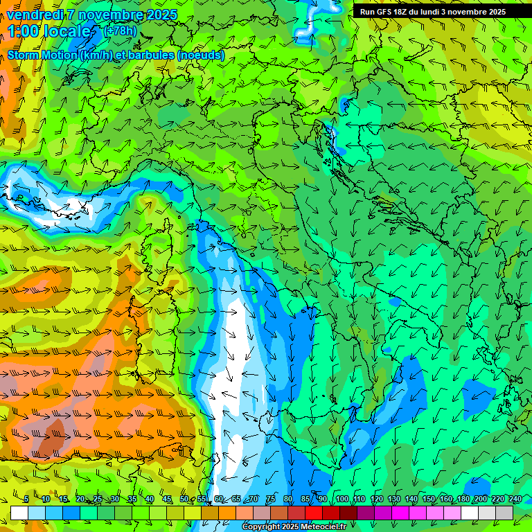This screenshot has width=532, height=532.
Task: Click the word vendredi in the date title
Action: (x=35, y=15)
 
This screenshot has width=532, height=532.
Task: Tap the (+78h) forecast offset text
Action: (x=120, y=31)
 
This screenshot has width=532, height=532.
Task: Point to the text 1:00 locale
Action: (x=50, y=31)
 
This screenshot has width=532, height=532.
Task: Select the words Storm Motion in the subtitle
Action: (x=41, y=55)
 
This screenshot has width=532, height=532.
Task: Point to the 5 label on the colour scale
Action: (x=26, y=499)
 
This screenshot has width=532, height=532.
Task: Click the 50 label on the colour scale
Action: (x=184, y=499)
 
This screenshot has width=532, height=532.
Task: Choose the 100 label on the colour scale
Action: (x=341, y=499)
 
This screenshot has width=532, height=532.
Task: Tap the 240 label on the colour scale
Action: (x=515, y=499)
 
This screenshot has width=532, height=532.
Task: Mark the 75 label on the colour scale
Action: (x=271, y=499)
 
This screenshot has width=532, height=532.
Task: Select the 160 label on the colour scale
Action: (x=445, y=499)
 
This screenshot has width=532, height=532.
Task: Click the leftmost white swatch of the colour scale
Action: (x=19, y=512)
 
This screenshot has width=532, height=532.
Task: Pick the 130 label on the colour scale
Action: (x=393, y=499)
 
